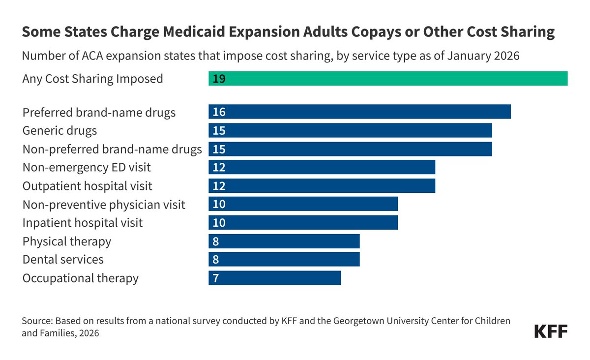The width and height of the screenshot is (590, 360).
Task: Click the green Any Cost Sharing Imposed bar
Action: coord(388,79)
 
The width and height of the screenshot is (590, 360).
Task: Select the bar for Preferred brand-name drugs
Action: coord(359,112)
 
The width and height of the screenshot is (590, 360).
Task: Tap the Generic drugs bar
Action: coord(350,130)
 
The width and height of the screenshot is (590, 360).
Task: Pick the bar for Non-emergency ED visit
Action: coord(322,167)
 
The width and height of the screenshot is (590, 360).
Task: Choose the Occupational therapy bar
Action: coord(275,278)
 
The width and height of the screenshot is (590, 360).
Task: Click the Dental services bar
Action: coord(284,259)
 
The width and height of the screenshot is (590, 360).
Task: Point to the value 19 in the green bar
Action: coord(219,79)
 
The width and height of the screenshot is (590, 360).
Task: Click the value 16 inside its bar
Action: coord(219,112)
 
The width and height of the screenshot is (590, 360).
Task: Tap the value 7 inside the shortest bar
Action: coord(216,278)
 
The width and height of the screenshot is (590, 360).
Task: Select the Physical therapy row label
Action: coord(67,241)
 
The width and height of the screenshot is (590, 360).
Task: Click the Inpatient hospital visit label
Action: coord(83,223)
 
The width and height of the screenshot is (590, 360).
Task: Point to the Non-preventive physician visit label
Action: coord(104,205)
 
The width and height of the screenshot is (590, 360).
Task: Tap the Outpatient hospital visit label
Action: coord(87,186)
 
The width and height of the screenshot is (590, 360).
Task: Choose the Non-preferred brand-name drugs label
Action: coord(112,150)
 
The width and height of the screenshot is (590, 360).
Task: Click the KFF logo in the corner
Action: coord(551,331)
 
